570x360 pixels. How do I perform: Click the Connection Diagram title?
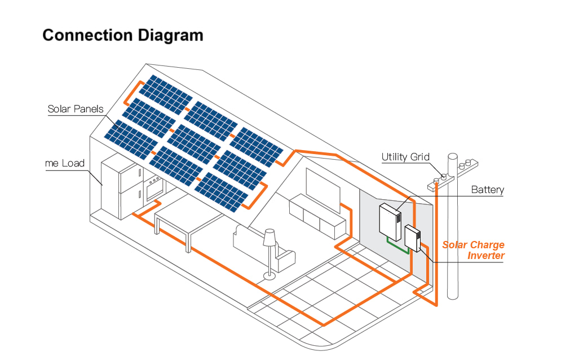pyautogui.click(x=123, y=35)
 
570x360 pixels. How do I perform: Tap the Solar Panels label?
pyautogui.click(x=76, y=109)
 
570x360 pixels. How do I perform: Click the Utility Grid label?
pyautogui.click(x=405, y=157)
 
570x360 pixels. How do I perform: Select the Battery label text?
pyautogui.click(x=487, y=190)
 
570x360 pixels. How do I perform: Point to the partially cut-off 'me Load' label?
pyautogui.click(x=64, y=164)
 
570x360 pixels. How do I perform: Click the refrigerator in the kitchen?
pyautogui.click(x=120, y=189)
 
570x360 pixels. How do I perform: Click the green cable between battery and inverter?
pyautogui.click(x=397, y=245)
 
